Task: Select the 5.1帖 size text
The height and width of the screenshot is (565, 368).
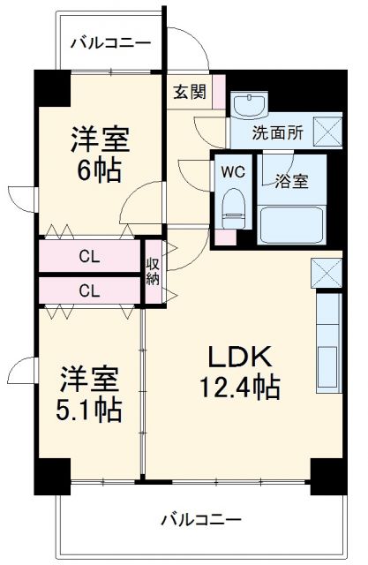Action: pyautogui.click(x=89, y=410)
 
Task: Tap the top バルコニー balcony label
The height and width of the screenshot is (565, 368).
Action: pyautogui.click(x=109, y=42)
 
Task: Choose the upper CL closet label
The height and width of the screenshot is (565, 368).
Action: pyautogui.click(x=89, y=258)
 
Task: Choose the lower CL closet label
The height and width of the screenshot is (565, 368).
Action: pyautogui.click(x=89, y=290)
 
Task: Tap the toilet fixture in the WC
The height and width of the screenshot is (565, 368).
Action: pyautogui.click(x=233, y=206)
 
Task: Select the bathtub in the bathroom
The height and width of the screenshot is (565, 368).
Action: pyautogui.click(x=291, y=223)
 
